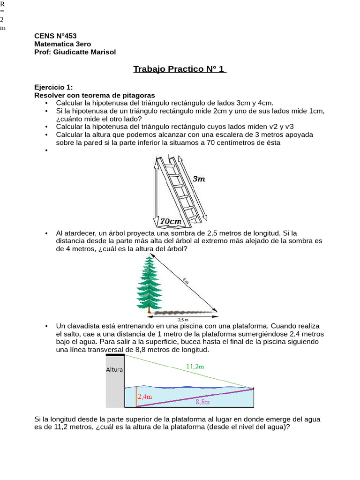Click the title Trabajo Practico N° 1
pyautogui.click(x=180, y=69)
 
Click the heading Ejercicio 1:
pyautogui.click(x=53, y=87)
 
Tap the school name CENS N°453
pyautogui.click(x=55, y=36)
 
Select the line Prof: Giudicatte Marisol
pyautogui.click(x=75, y=52)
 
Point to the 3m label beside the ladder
pyautogui.click(x=199, y=179)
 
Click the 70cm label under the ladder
pyautogui.click(x=171, y=221)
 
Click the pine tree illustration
pyautogui.click(x=149, y=284)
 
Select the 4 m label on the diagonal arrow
pyautogui.click(x=186, y=281)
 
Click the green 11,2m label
pyautogui.click(x=195, y=367)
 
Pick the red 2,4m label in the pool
pyautogui.click(x=145, y=397)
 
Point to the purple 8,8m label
pyautogui.click(x=202, y=402)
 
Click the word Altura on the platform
pyautogui.click(x=114, y=369)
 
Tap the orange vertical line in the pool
pyautogui.click(x=136, y=397)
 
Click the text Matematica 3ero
pyautogui.click(x=62, y=44)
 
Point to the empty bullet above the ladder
pyautogui.click(x=46, y=150)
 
